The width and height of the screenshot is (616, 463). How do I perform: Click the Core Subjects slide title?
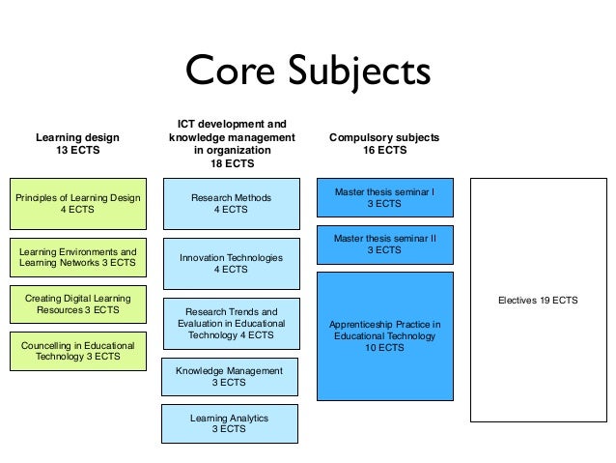click(x=307, y=71)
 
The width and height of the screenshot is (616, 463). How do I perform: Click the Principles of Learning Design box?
click(x=78, y=204)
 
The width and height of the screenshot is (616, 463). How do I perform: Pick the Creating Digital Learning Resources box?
click(x=78, y=305)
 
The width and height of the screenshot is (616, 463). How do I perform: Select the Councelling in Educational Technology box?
click(x=78, y=351)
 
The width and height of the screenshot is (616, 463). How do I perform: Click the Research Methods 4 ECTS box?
click(x=230, y=204)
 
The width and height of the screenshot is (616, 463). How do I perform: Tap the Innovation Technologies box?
click(x=231, y=264)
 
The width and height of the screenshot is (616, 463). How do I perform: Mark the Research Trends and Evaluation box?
click(x=230, y=324)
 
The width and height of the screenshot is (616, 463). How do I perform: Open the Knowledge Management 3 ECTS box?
click(x=229, y=376)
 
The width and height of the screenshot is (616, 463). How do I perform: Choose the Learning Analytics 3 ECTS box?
click(x=229, y=423)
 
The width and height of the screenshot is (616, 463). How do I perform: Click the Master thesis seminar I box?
click(x=384, y=198)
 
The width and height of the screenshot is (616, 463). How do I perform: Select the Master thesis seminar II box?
click(x=384, y=244)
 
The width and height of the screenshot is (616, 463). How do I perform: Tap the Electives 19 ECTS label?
click(x=538, y=301)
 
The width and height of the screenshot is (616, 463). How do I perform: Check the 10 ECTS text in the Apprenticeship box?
click(x=384, y=348)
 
